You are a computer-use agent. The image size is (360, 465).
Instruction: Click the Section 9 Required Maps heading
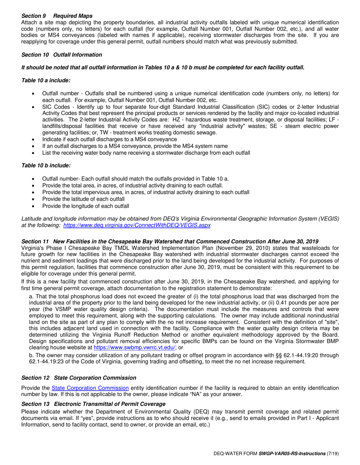(57, 16)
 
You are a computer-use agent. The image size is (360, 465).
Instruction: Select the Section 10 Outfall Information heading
(61, 55)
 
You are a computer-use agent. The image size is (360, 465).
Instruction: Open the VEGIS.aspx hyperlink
(137, 225)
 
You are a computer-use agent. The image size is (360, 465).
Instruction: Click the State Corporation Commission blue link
(90, 388)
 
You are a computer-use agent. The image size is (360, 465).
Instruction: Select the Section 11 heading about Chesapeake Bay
(170, 242)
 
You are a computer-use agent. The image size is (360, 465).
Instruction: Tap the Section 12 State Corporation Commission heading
(78, 378)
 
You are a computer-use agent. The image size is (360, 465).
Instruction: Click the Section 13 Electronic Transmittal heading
(93, 404)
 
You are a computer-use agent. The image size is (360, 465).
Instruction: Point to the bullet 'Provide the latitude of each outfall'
(83, 199)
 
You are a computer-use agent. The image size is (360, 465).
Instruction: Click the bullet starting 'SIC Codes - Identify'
(189, 107)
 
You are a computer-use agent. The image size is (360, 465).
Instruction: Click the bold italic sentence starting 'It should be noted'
(163, 68)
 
